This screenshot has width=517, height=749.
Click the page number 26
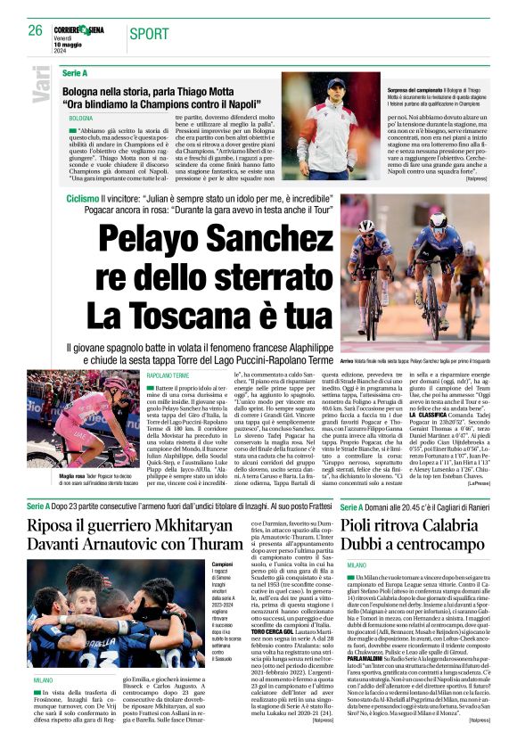(36, 30)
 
